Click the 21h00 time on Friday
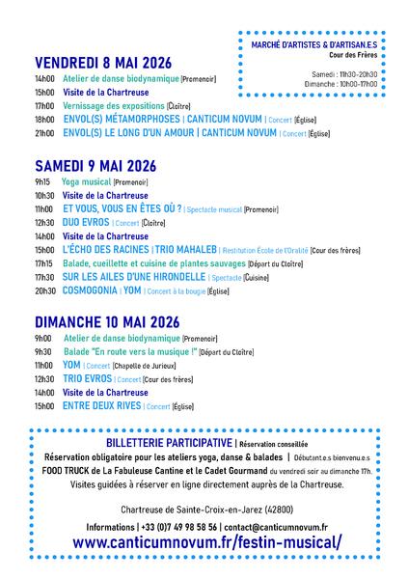click(x=44, y=134)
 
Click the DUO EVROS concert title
click(x=85, y=222)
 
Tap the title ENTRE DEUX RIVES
click(x=103, y=407)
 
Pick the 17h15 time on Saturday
click(x=44, y=262)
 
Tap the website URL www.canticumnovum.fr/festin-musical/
click(x=206, y=543)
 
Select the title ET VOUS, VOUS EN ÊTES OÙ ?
click(x=122, y=208)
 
